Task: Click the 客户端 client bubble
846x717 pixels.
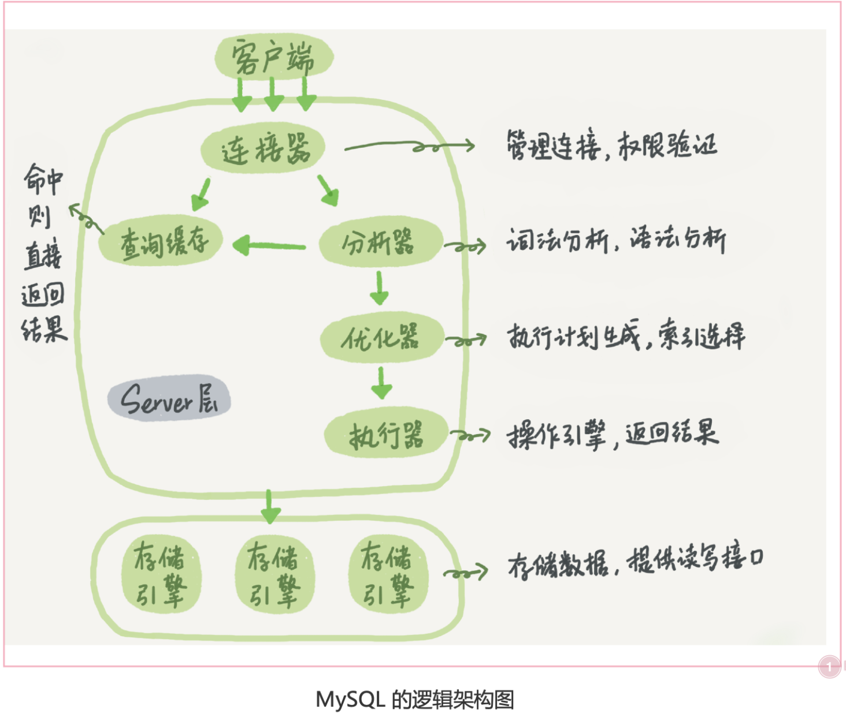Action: pyautogui.click(x=273, y=57)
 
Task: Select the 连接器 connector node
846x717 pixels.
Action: pyautogui.click(x=264, y=149)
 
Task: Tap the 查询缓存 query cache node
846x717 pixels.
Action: pyautogui.click(x=161, y=242)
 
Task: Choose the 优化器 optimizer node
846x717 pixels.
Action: pyautogui.click(x=382, y=338)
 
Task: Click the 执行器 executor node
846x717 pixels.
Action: pyautogui.click(x=386, y=435)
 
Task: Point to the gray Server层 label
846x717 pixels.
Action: pyautogui.click(x=169, y=398)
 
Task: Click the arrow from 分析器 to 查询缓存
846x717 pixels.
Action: pyautogui.click(x=269, y=246)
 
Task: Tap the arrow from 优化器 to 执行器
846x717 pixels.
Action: pyautogui.click(x=381, y=383)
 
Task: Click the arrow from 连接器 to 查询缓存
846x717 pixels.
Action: pyautogui.click(x=201, y=194)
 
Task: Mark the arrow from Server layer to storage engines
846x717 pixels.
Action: pyautogui.click(x=270, y=506)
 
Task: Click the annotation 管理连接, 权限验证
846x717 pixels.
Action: pyautogui.click(x=611, y=145)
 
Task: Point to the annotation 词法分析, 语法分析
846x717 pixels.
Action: pyautogui.click(x=616, y=240)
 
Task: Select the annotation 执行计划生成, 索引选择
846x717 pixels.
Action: pyautogui.click(x=626, y=336)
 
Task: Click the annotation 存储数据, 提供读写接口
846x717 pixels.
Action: pyautogui.click(x=635, y=561)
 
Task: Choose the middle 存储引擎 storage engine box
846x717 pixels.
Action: pyautogui.click(x=274, y=574)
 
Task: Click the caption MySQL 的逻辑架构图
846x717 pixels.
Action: pyautogui.click(x=414, y=699)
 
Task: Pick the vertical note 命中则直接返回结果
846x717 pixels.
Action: pyautogui.click(x=43, y=254)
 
